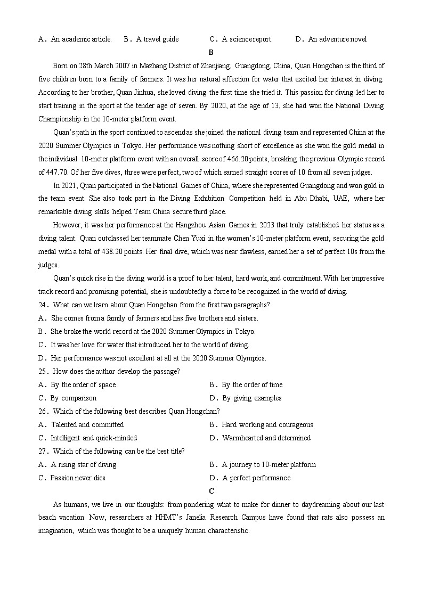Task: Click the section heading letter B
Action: [x=211, y=52]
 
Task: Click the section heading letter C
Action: [x=211, y=491]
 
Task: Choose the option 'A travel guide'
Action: [x=157, y=39]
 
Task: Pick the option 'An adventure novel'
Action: [x=337, y=39]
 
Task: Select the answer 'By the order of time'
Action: [x=252, y=384]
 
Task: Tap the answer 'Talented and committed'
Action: [x=87, y=424]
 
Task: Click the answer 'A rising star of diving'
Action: [x=84, y=464]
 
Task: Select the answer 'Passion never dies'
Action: [x=78, y=478]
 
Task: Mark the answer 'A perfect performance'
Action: [x=256, y=478]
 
